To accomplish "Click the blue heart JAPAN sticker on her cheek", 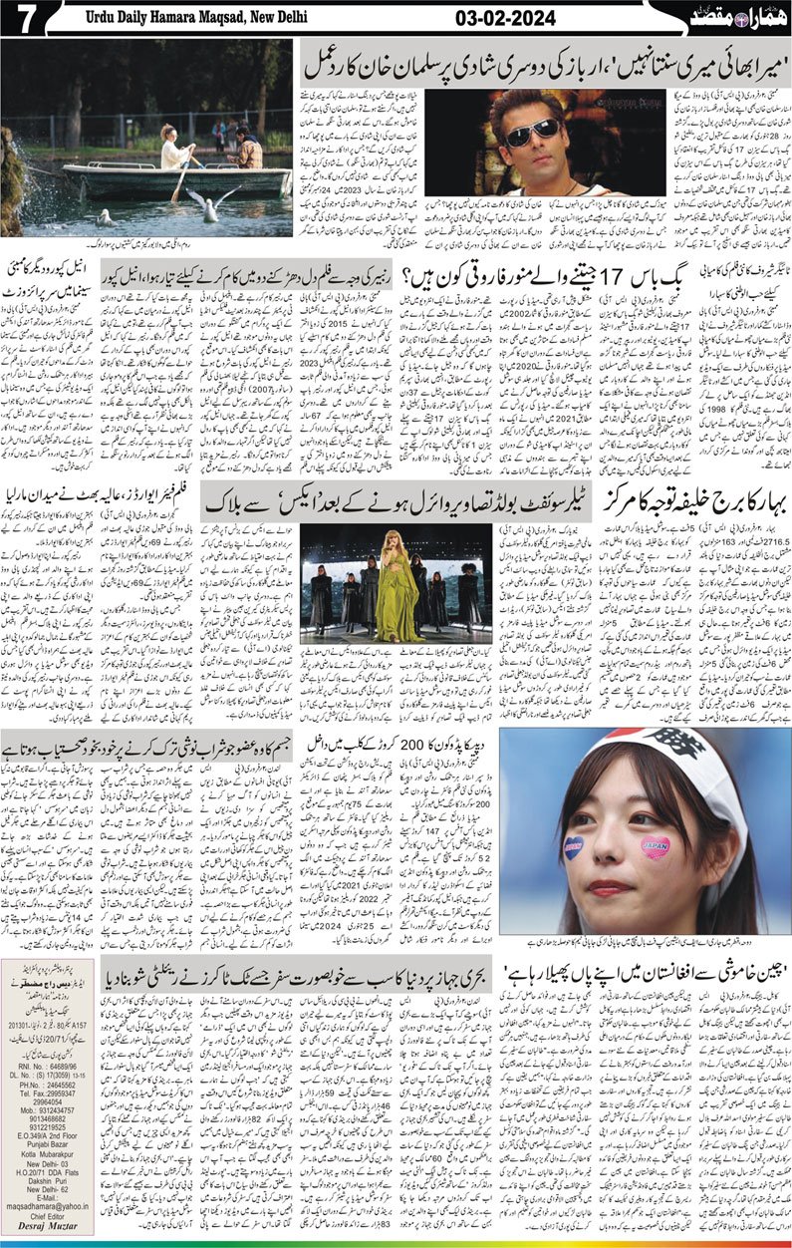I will pos(574,848).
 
